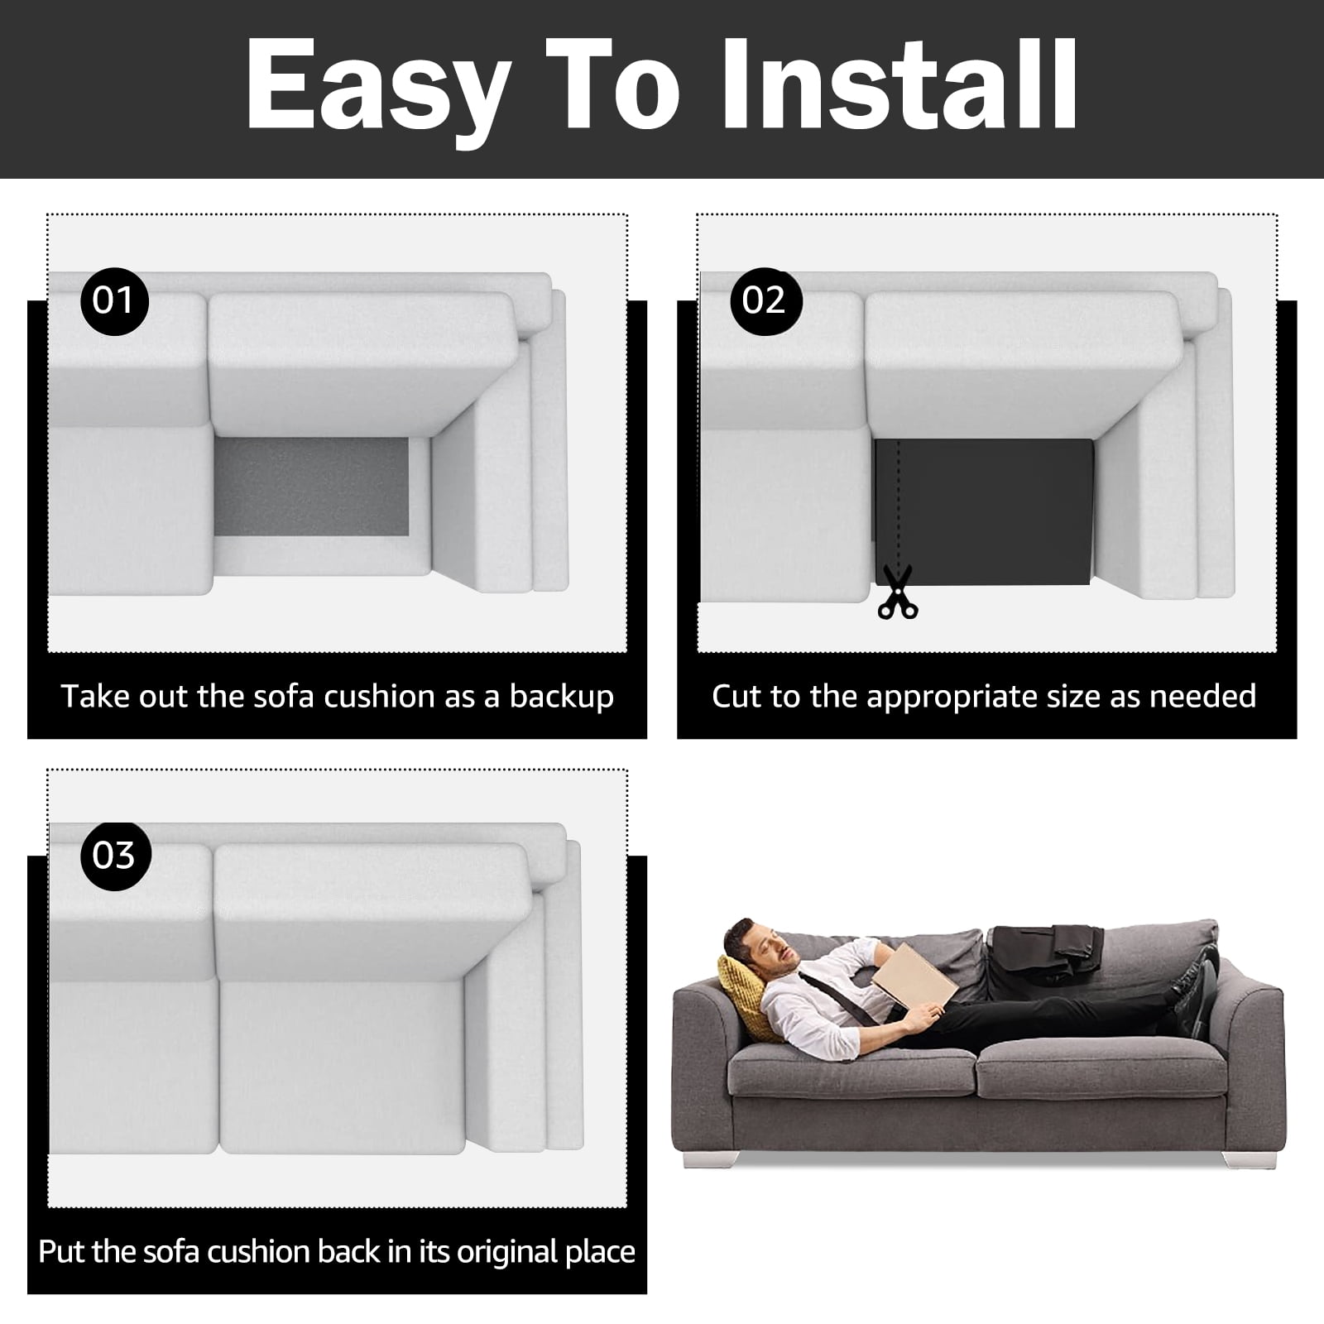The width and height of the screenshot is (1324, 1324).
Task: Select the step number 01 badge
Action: tap(114, 300)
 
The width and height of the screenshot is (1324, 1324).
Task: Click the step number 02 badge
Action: tap(764, 300)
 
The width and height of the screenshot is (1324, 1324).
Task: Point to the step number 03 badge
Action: tap(114, 855)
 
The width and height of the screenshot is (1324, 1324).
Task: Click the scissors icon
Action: tap(898, 592)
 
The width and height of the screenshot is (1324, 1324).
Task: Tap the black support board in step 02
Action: tap(984, 511)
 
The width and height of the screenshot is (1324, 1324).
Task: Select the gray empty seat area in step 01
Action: tap(312, 486)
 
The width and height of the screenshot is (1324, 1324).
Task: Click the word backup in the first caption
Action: tap(562, 697)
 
